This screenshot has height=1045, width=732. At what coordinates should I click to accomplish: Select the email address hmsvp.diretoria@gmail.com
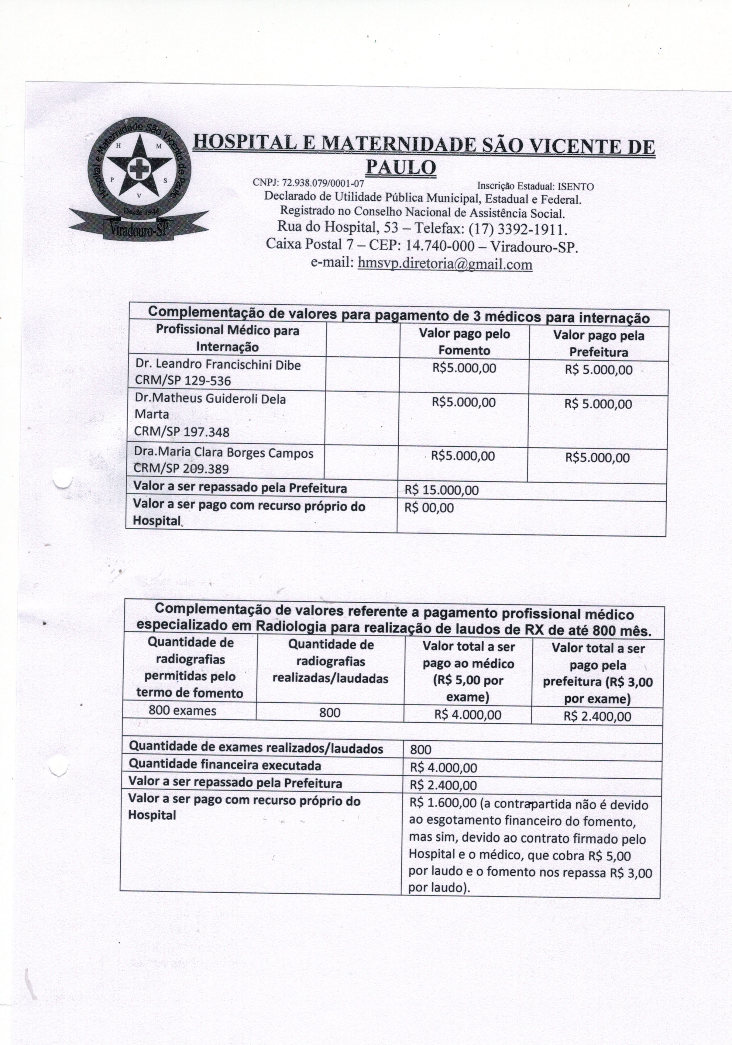[x=445, y=264]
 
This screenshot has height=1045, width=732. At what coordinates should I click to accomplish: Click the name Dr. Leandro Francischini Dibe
[x=218, y=365]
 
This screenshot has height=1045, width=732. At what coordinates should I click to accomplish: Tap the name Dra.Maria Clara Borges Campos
[x=224, y=453]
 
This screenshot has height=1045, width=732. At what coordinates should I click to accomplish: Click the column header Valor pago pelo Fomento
[x=464, y=342]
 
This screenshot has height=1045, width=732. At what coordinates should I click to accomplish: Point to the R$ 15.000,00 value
[x=441, y=490]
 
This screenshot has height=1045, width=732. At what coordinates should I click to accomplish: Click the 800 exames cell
[x=182, y=711]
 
